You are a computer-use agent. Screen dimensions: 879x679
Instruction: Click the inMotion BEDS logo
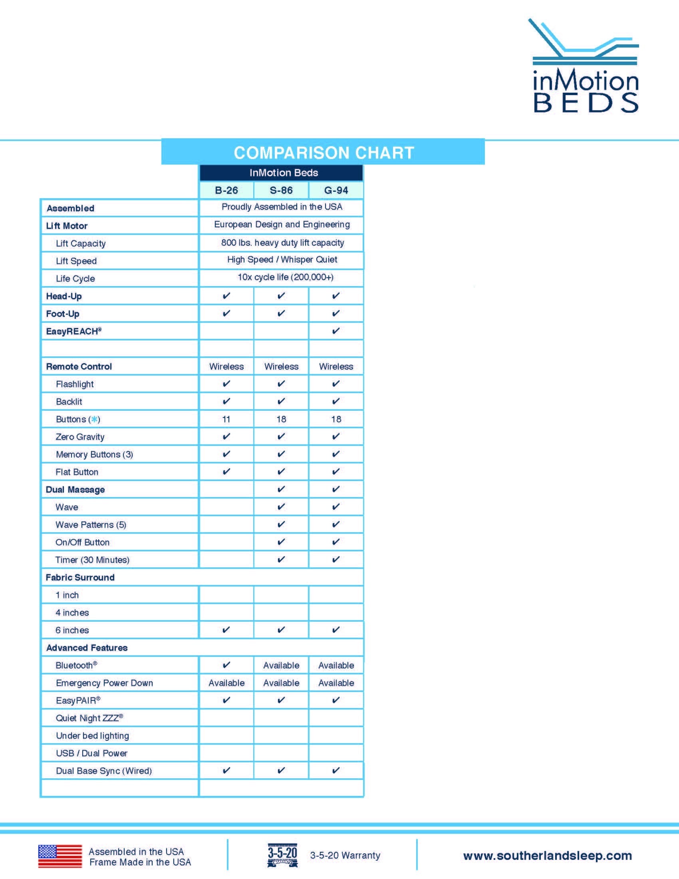click(585, 66)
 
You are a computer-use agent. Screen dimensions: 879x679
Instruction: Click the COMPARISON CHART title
click(324, 153)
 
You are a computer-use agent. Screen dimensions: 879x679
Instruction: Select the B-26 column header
click(226, 190)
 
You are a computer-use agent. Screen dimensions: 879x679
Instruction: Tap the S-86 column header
click(281, 190)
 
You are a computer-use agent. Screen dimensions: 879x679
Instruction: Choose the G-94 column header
click(336, 190)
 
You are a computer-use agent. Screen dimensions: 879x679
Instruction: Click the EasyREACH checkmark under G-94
click(336, 331)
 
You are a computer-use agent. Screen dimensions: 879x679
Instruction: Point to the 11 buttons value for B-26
click(226, 419)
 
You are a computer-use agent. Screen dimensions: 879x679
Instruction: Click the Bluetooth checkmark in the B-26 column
click(226, 665)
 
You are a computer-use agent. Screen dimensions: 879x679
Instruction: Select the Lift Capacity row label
click(81, 243)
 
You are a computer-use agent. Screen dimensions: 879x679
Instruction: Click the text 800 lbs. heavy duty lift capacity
click(282, 243)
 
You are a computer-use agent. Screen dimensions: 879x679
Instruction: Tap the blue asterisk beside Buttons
click(94, 420)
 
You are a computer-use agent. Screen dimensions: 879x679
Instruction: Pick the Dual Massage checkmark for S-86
click(281, 489)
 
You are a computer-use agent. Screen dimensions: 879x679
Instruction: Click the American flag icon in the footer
click(60, 856)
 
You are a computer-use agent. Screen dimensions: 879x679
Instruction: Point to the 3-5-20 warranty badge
click(282, 855)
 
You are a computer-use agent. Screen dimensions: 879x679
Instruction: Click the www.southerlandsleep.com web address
click(548, 855)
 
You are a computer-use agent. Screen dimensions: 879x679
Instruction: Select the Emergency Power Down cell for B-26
click(226, 683)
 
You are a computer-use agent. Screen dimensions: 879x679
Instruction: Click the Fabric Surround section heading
click(80, 578)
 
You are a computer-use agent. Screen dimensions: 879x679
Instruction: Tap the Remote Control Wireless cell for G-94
click(336, 367)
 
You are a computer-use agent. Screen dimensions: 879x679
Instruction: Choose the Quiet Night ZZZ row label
click(89, 718)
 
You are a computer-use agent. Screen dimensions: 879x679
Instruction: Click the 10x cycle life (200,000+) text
click(285, 277)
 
